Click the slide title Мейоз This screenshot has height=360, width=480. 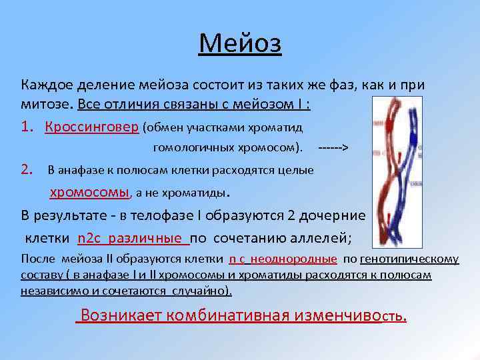240,45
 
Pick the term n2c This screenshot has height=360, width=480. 91,238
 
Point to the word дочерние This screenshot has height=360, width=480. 333,215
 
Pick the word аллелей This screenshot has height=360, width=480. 327,238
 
